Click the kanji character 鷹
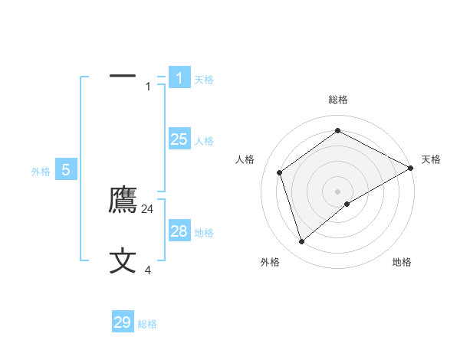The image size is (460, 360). click(x=123, y=200)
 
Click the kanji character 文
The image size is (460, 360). click(x=123, y=261)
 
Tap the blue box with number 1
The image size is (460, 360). click(x=179, y=78)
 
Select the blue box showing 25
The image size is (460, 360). click(x=179, y=139)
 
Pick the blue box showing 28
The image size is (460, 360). click(x=179, y=231)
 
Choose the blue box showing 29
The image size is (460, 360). click(x=123, y=322)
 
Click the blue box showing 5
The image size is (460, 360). click(x=66, y=170)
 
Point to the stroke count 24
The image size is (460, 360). click(x=148, y=208)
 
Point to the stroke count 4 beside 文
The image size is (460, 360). click(x=148, y=270)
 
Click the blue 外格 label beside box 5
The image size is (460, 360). click(x=41, y=172)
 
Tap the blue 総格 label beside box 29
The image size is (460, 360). click(x=147, y=324)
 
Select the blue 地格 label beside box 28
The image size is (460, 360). click(x=204, y=233)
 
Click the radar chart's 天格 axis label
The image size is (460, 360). click(x=431, y=159)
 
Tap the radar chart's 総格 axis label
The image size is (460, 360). click(x=338, y=100)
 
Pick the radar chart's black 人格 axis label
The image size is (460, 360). click(x=245, y=159)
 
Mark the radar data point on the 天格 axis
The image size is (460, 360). click(x=411, y=168)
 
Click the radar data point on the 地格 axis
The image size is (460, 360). click(x=347, y=204)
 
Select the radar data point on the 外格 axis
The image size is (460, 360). click(x=301, y=242)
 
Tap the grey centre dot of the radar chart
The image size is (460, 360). click(x=338, y=191)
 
